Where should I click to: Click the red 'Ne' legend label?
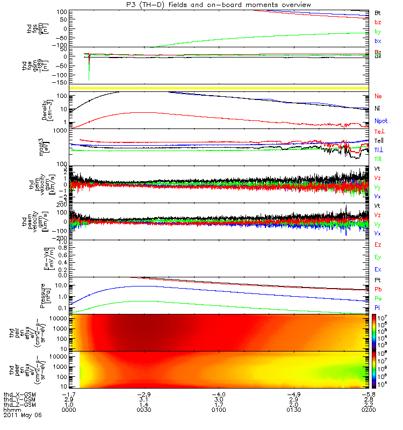pyautogui.click(x=378, y=96)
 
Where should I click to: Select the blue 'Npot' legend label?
pyautogui.click(x=380, y=121)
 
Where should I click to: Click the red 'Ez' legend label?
pyautogui.click(x=378, y=245)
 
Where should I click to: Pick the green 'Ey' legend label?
pyautogui.click(x=378, y=257)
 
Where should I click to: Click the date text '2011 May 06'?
pyautogui.click(x=22, y=415)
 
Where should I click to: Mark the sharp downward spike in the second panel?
pyautogui.click(x=89, y=73)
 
